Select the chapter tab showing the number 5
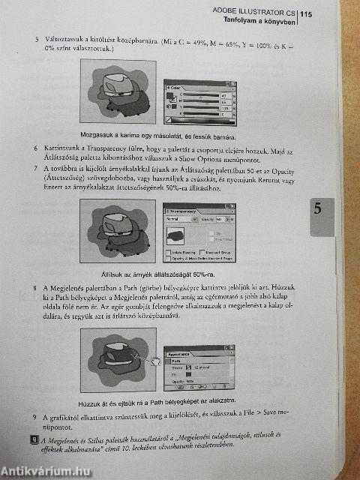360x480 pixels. click(318, 211)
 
